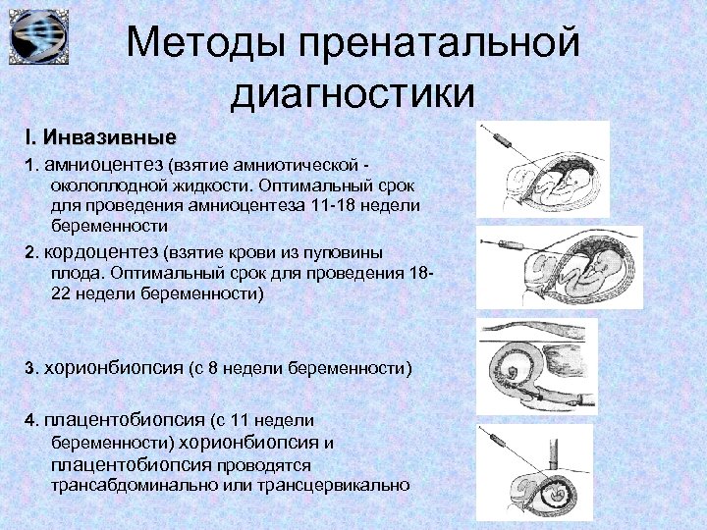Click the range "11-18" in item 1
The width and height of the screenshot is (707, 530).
(340, 204)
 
